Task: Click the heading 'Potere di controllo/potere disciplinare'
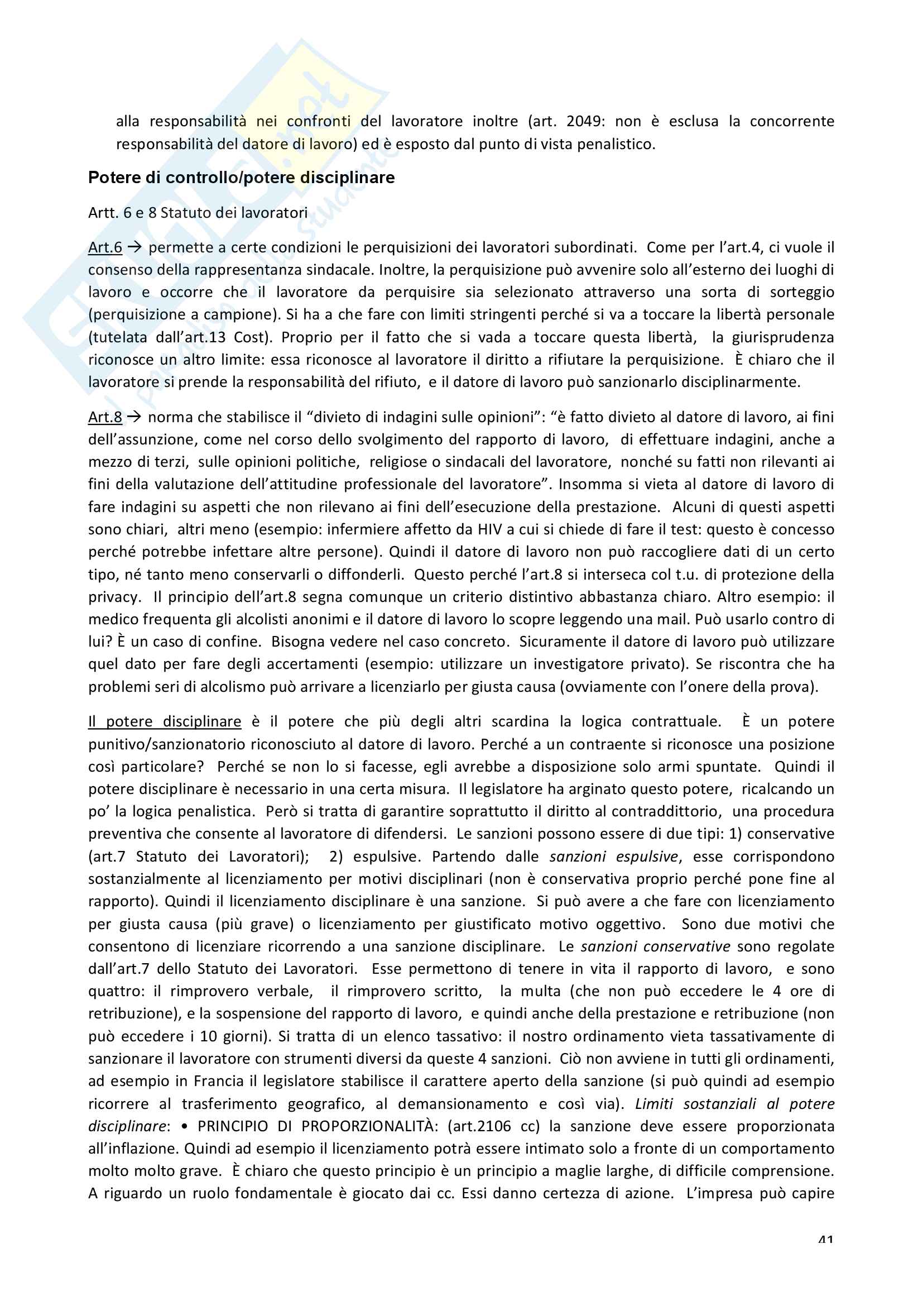pos(241,178)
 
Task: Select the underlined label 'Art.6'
pos(105,247)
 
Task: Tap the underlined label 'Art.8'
pos(105,417)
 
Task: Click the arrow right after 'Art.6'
pos(134,247)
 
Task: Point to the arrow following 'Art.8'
pos(134,417)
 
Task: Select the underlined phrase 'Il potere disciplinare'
pos(165,721)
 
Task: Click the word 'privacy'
pos(114,597)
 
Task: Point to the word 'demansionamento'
pos(463,1103)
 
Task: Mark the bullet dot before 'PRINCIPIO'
pos(185,1126)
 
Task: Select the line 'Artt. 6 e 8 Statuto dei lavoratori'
pos(198,213)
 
